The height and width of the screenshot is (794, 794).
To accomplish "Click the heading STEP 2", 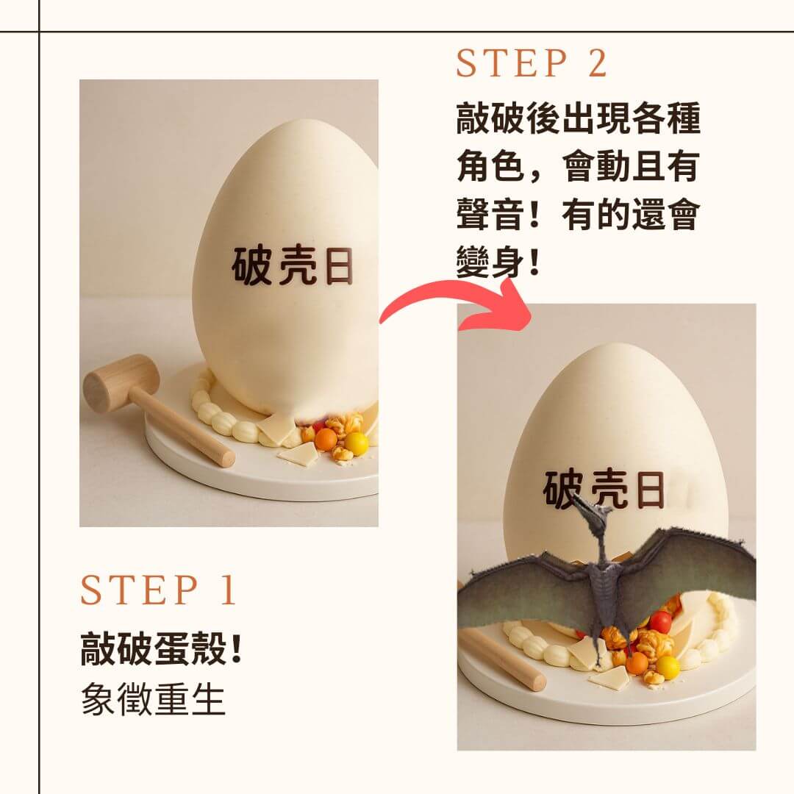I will (532, 63).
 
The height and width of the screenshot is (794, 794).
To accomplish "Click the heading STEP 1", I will (158, 590).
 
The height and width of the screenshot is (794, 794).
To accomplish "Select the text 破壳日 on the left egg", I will (293, 265).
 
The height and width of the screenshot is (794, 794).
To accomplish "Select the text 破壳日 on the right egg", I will (604, 490).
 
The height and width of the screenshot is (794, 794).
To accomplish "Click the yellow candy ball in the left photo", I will (357, 443).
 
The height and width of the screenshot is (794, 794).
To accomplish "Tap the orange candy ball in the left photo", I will (326, 440).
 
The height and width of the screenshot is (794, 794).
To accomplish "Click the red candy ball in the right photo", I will (660, 622).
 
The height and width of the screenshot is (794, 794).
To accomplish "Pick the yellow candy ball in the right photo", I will (668, 666).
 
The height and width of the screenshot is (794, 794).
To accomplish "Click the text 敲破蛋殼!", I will (162, 651).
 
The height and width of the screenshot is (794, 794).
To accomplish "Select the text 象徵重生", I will (152, 700).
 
